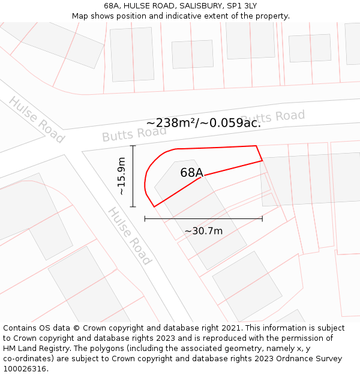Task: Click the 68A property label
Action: coord(191,173)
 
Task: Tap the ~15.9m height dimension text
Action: coord(121,176)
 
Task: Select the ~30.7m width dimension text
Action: coord(203,231)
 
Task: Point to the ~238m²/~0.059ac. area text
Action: coord(203,123)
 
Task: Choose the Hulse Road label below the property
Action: coord(129,236)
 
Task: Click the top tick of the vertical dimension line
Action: coord(133,146)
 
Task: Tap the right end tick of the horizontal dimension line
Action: coord(262,218)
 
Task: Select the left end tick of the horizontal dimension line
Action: coord(145,218)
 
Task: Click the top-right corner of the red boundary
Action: coord(256,146)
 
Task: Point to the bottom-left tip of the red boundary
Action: coord(154,207)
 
